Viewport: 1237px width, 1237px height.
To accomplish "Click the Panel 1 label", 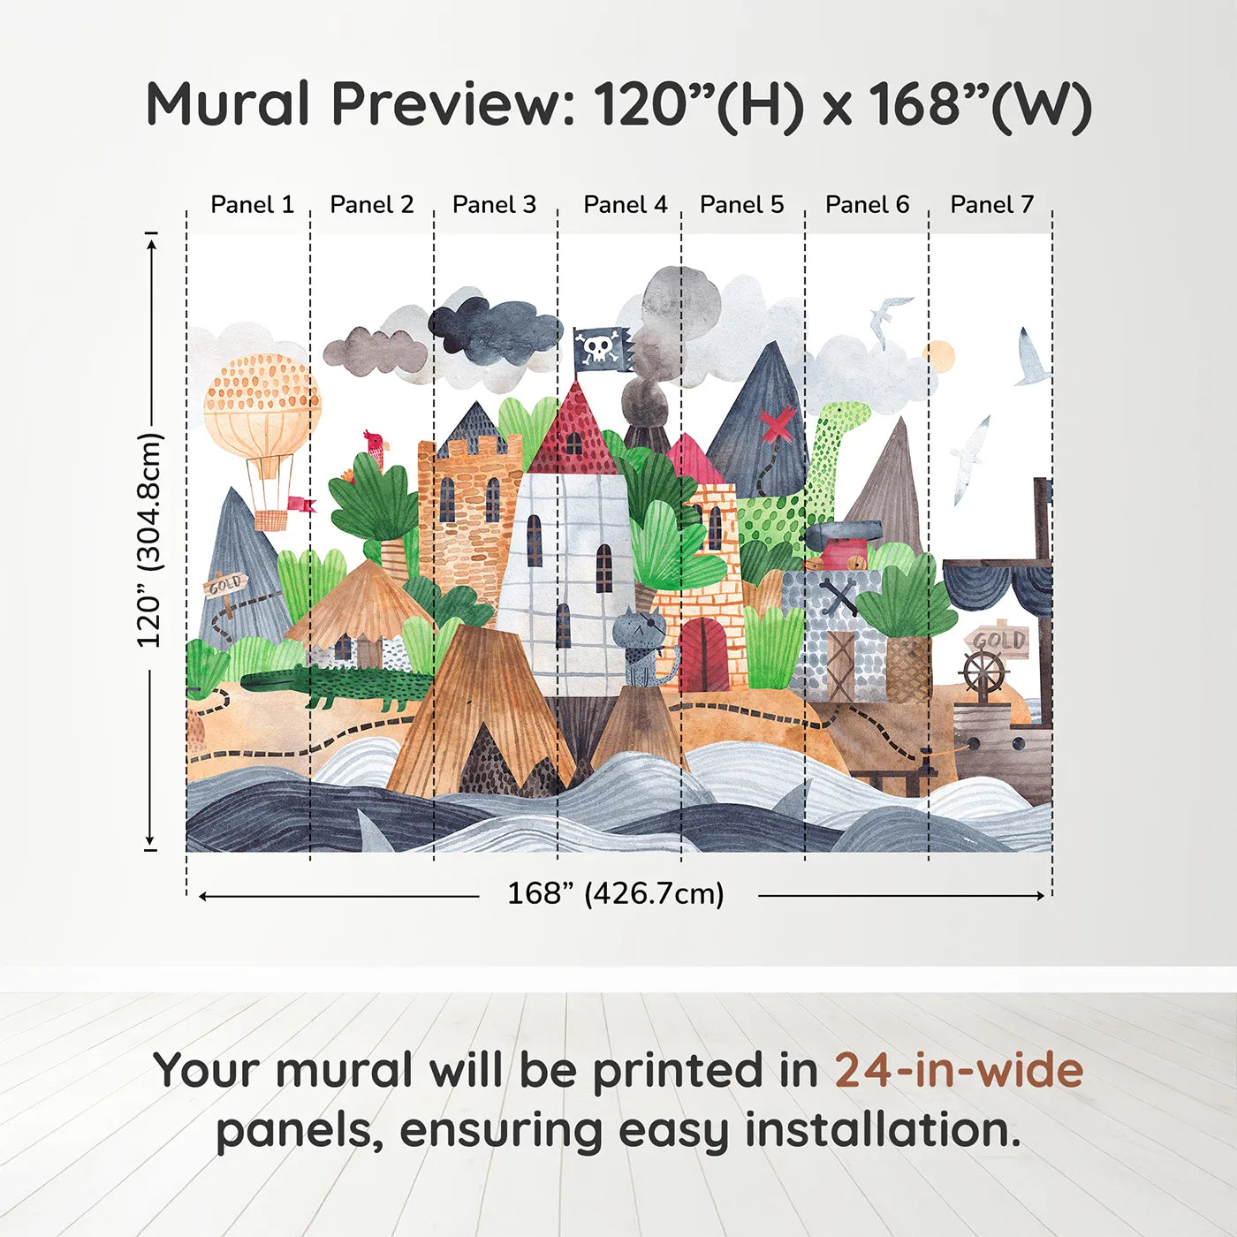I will [x=252, y=205].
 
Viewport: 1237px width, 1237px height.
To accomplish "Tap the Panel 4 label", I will [x=626, y=205].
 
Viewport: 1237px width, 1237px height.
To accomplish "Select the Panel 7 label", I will [x=991, y=205].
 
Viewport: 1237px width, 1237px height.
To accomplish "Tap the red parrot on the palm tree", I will [x=376, y=448].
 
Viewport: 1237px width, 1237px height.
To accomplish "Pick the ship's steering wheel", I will [x=983, y=672].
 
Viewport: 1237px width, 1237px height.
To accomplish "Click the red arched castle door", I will [x=704, y=655].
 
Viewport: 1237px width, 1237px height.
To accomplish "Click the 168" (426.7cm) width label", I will [x=616, y=894].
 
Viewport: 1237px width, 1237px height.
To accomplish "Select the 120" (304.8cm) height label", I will [x=150, y=541].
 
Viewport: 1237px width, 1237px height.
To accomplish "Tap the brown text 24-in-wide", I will [x=959, y=1071].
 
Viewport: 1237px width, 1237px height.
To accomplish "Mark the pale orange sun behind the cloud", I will [x=939, y=355].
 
